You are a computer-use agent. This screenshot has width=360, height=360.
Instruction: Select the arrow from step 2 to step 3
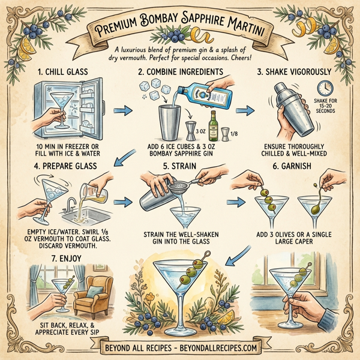pos(243,112)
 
